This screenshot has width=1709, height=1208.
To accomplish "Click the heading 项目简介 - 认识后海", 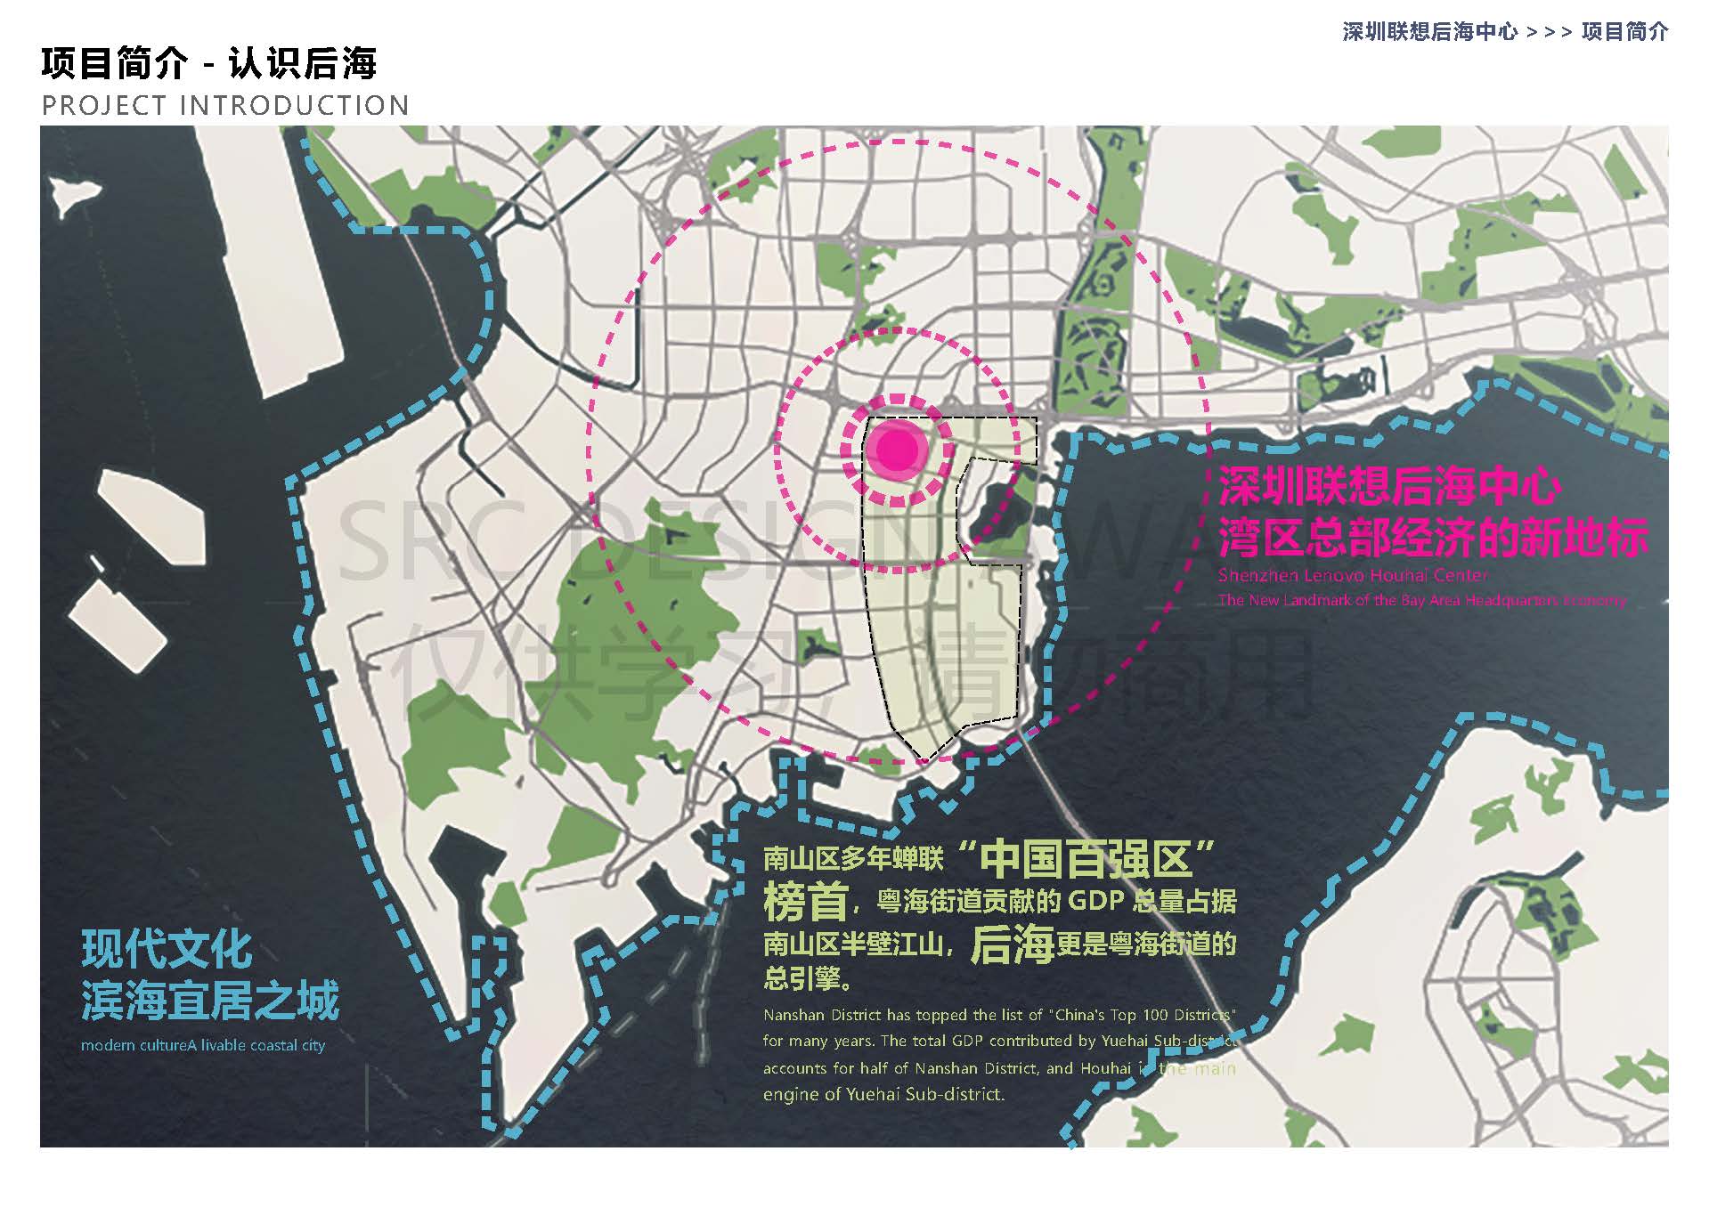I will tap(208, 63).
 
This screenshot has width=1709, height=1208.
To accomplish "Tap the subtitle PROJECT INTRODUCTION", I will tap(225, 106).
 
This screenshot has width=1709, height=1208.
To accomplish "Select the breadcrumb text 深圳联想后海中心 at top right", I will tap(1429, 32).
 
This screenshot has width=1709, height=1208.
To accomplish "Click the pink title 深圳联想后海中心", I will tap(1389, 486).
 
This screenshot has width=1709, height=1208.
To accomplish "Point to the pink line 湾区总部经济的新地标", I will tap(1433, 537).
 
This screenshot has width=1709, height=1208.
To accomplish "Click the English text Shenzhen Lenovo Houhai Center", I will tap(1353, 575).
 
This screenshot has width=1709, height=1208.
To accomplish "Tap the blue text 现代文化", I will tap(167, 949).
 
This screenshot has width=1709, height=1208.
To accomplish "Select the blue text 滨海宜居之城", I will tap(210, 1001).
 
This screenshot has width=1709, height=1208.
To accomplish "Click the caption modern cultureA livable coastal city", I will tap(203, 1045).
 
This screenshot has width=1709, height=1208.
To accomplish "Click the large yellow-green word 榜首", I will tap(805, 902).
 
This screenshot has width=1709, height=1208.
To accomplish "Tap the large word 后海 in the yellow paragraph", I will tap(1012, 945).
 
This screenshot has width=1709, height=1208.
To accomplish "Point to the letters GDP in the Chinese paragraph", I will tap(1095, 901).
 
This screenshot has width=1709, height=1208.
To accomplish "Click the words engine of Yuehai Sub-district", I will tap(883, 1094).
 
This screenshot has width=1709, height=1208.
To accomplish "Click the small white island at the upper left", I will tap(73, 194).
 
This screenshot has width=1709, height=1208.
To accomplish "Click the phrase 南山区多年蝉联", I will tap(853, 859).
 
